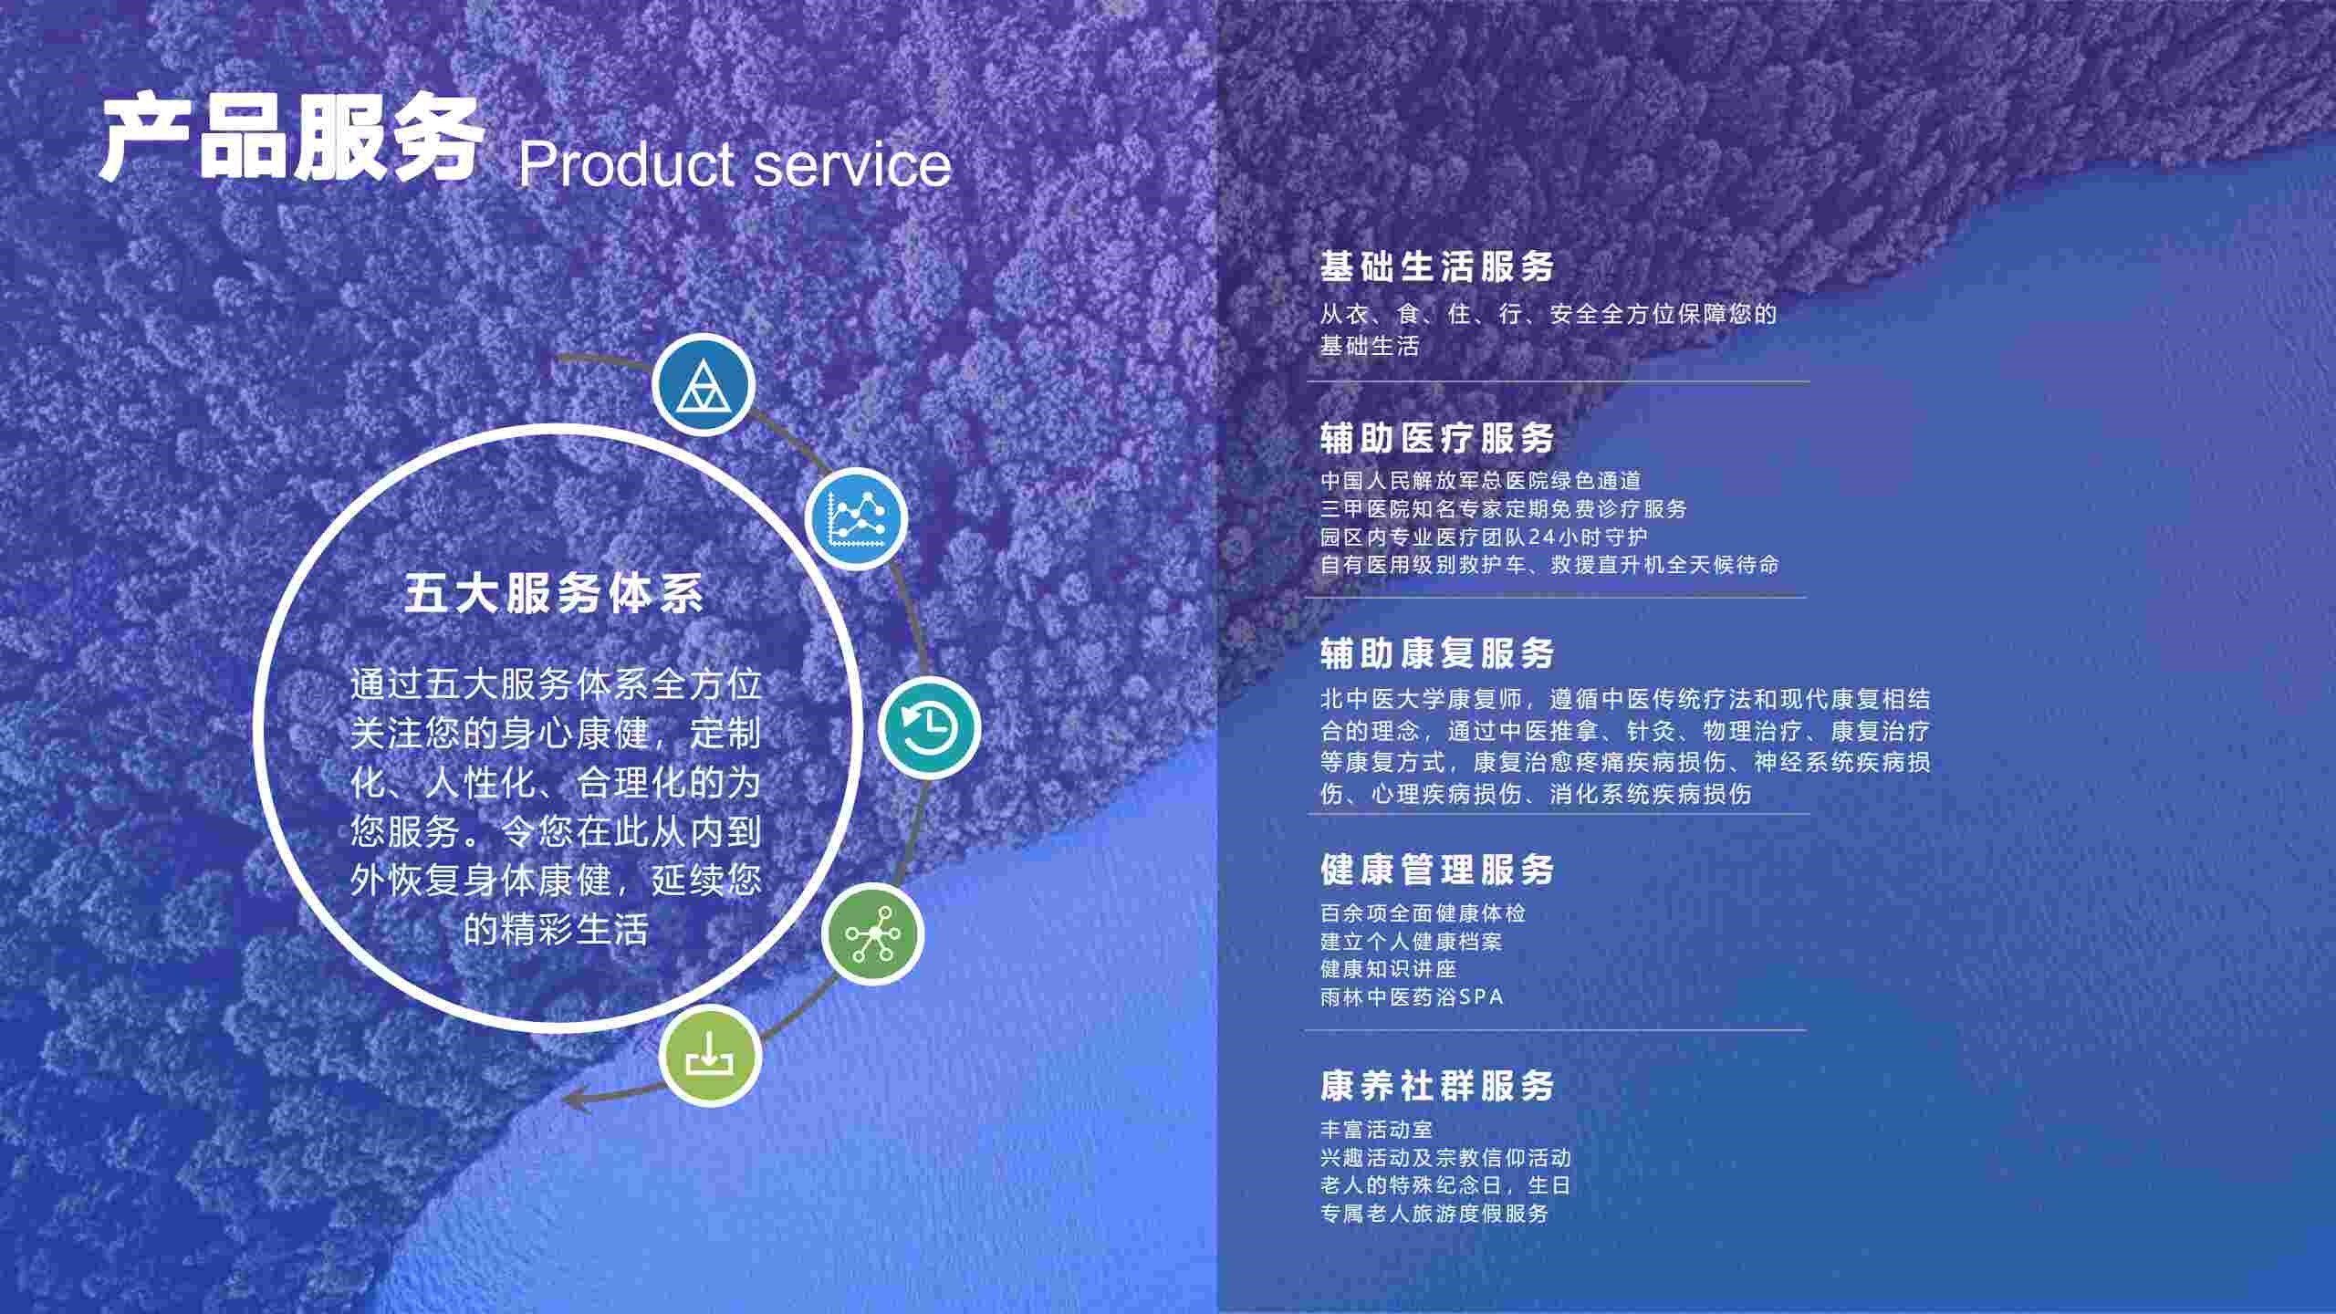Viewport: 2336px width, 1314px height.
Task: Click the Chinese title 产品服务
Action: coord(290,138)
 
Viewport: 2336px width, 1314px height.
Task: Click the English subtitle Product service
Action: coord(735,164)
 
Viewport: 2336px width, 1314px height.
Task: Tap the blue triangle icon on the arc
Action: coord(703,384)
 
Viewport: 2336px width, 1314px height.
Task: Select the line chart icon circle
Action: coord(856,517)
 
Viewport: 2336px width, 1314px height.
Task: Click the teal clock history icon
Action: coord(929,727)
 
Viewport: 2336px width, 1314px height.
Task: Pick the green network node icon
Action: coord(873,933)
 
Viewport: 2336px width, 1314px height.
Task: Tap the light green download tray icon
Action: coord(710,1055)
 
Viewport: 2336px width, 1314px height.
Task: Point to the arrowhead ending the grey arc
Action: coord(568,1098)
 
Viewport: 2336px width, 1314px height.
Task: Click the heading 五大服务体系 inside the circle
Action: coord(555,594)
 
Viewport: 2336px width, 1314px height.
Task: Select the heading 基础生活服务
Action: coord(1437,266)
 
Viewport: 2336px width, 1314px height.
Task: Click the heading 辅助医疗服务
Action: coord(1437,438)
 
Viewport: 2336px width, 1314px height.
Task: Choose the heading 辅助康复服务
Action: coord(1437,653)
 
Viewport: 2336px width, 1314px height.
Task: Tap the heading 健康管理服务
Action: coord(1437,870)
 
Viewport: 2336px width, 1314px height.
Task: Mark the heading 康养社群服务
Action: coord(1437,1086)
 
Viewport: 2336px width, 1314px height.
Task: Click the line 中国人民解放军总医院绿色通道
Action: coord(1481,480)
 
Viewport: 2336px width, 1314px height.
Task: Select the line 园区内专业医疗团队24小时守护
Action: coord(1485,537)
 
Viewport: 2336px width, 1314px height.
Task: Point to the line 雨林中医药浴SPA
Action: coord(1412,996)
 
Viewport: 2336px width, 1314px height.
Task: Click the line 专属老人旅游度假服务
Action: coord(1434,1213)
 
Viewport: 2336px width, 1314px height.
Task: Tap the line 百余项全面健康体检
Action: coord(1423,912)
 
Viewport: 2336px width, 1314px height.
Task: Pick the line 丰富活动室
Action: coord(1377,1129)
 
